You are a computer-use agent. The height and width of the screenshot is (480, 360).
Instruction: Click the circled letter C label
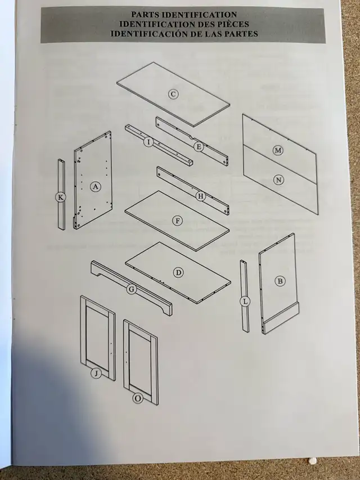coord(173,94)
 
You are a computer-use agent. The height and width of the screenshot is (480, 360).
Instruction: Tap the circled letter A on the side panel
coord(96,186)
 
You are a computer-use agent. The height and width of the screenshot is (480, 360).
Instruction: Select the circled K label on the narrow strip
coord(61,198)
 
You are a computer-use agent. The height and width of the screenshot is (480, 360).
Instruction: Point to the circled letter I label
coord(148,142)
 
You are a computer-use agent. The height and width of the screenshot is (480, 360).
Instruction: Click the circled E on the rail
coord(199,147)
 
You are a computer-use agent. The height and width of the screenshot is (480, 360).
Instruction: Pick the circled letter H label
coord(200,196)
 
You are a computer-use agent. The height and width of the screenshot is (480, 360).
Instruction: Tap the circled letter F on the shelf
coord(177,221)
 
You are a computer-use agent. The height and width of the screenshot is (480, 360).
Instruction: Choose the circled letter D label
coord(178,273)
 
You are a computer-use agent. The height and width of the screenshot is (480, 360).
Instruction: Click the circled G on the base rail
coord(131,289)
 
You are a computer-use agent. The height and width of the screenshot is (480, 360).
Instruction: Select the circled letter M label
coord(278,150)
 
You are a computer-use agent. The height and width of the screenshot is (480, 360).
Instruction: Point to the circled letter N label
coord(278,180)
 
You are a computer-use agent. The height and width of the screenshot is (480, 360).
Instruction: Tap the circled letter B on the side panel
coord(280,281)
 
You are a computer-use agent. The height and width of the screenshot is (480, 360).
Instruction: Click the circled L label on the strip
coord(245,302)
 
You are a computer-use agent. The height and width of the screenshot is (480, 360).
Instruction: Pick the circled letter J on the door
coord(96,373)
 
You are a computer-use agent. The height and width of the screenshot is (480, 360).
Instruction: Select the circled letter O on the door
coord(138,398)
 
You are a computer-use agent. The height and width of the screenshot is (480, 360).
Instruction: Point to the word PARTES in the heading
coord(241,33)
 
